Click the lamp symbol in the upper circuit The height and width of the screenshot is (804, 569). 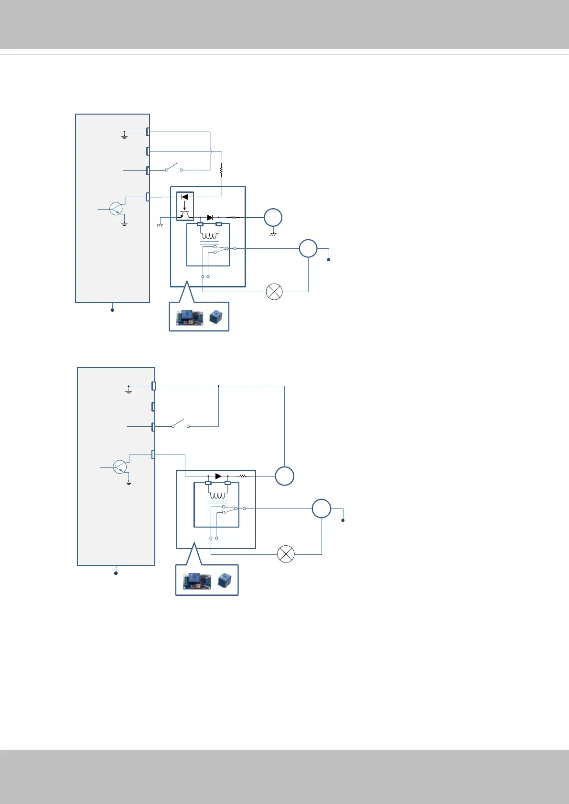coord(274,292)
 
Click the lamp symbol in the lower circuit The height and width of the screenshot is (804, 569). coord(286,554)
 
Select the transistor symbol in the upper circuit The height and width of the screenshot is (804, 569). coord(117,209)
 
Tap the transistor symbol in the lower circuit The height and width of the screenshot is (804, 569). coord(120,467)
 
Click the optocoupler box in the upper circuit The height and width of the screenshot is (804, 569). coord(185,206)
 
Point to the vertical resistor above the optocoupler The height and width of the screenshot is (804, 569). coord(221,169)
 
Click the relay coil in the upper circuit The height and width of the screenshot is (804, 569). coord(209,235)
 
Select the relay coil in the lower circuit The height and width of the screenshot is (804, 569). coord(218,495)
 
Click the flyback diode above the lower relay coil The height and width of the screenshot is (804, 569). coord(218,476)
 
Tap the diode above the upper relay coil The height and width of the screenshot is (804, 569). coord(209,218)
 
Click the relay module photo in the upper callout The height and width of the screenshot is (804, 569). coord(190,318)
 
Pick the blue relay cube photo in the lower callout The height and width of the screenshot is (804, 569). coord(225,581)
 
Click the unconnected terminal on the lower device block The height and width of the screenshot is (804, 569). coord(153,407)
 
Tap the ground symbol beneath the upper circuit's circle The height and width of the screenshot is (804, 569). coord(273,233)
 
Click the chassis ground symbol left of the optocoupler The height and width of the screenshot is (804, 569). coord(160,224)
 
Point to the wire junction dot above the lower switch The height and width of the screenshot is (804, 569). coord(218,386)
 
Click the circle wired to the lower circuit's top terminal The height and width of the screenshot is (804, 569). coord(284,476)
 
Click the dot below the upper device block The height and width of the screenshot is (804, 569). coord(112,310)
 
